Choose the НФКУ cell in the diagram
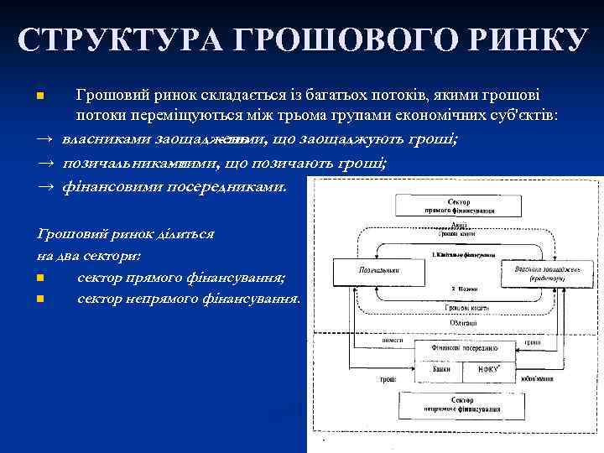pos(485,368)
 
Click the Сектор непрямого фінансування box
pos(456,406)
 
